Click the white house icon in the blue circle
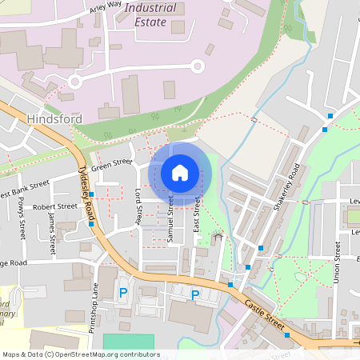[x=180, y=172]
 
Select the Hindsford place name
[x=55, y=119]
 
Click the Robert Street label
[x=55, y=206]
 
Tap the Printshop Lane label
[x=94, y=303]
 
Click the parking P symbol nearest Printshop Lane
[x=123, y=294]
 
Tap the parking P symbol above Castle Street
[x=195, y=294]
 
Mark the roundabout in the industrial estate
[x=76, y=82]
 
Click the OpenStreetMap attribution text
[x=80, y=354]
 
